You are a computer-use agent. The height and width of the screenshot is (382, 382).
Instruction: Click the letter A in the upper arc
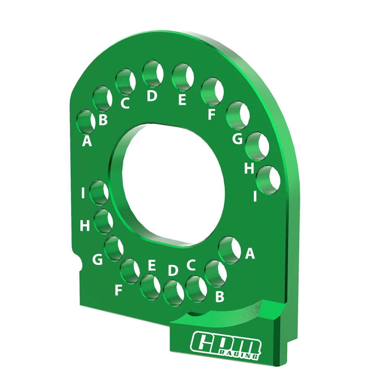[87, 141]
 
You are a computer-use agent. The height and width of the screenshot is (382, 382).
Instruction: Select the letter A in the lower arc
[249, 253]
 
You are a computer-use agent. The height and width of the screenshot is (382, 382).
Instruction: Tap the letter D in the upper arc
[152, 96]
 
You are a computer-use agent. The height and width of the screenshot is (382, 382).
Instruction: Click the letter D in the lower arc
[173, 270]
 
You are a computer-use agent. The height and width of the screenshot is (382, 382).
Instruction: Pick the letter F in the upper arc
[211, 114]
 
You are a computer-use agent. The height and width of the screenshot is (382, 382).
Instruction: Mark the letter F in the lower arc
[119, 291]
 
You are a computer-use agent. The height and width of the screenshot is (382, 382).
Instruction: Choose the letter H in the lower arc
[85, 226]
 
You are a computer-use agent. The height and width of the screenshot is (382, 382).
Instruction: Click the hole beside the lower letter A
[229, 249]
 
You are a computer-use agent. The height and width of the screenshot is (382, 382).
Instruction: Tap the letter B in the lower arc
[219, 297]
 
